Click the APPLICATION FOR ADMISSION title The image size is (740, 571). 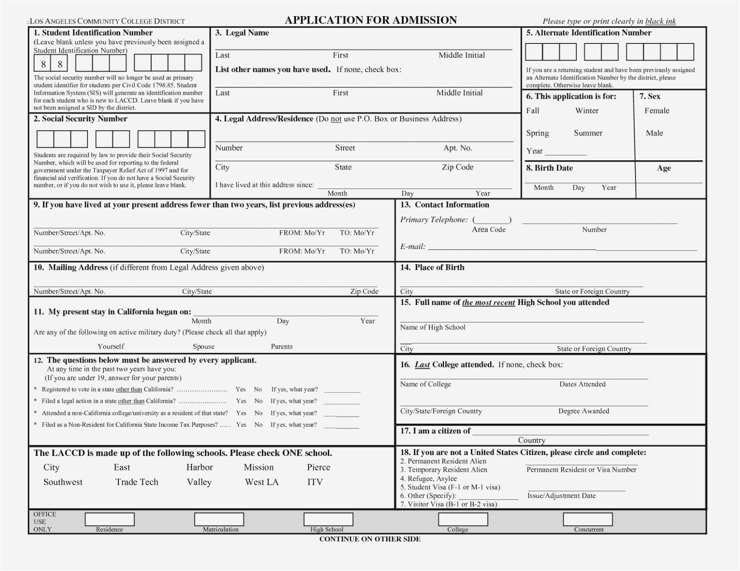tap(370, 20)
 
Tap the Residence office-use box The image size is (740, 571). tap(110, 519)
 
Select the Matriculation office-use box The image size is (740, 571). tap(219, 519)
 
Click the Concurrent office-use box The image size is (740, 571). tap(587, 519)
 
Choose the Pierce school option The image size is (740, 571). tap(318, 467)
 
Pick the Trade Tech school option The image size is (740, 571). tap(136, 482)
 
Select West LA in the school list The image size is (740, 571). tap(262, 482)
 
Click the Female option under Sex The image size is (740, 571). tap(657, 110)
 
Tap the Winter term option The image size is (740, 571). tap(586, 110)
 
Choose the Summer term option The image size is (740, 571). tap(588, 133)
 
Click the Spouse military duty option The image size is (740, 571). tap(203, 346)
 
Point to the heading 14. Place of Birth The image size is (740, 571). tap(432, 267)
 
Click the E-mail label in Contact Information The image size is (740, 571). tap(413, 247)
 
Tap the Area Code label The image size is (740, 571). tap(488, 230)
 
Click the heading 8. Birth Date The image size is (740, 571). tap(549, 168)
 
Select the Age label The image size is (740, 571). tap(663, 168)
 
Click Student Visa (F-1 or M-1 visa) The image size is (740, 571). tap(450, 487)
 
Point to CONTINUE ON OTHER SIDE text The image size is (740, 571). tap(370, 539)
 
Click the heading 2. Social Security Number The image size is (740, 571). tap(80, 119)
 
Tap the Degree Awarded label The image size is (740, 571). tap(583, 411)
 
